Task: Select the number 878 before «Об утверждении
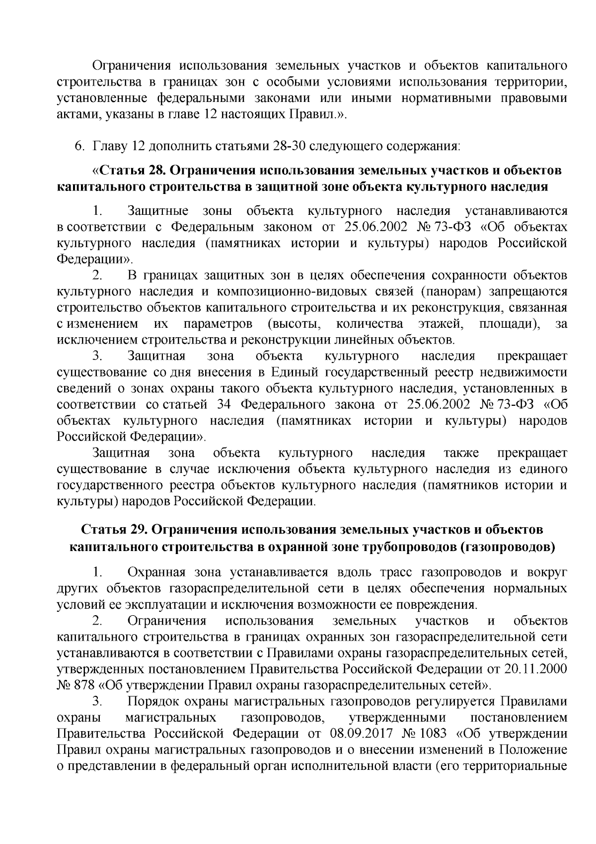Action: [84, 685]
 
